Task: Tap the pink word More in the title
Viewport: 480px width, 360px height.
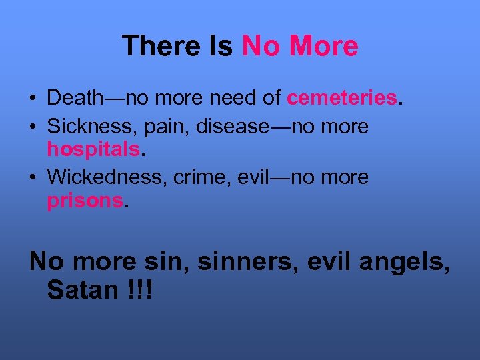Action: coord(324,46)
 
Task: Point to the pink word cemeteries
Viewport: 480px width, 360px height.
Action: coord(342,99)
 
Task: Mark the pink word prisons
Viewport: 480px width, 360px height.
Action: coord(85,200)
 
